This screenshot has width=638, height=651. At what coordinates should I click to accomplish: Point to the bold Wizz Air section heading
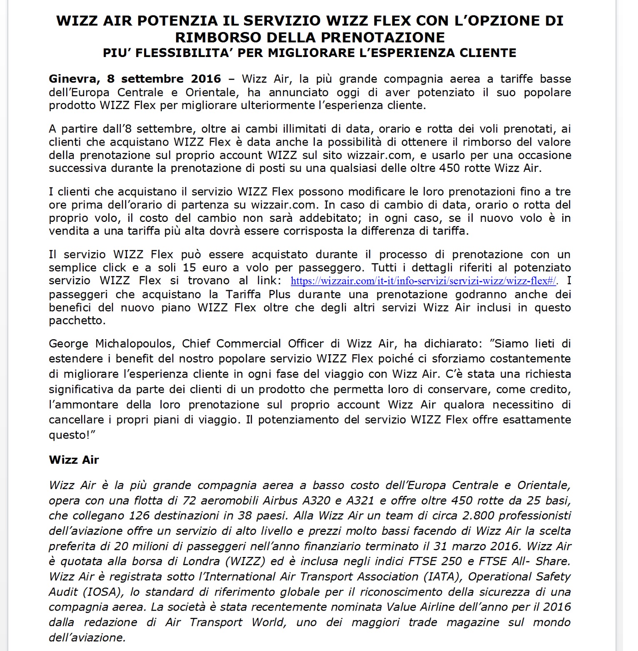click(74, 460)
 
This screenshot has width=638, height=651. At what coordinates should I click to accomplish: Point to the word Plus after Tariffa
click(279, 294)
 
